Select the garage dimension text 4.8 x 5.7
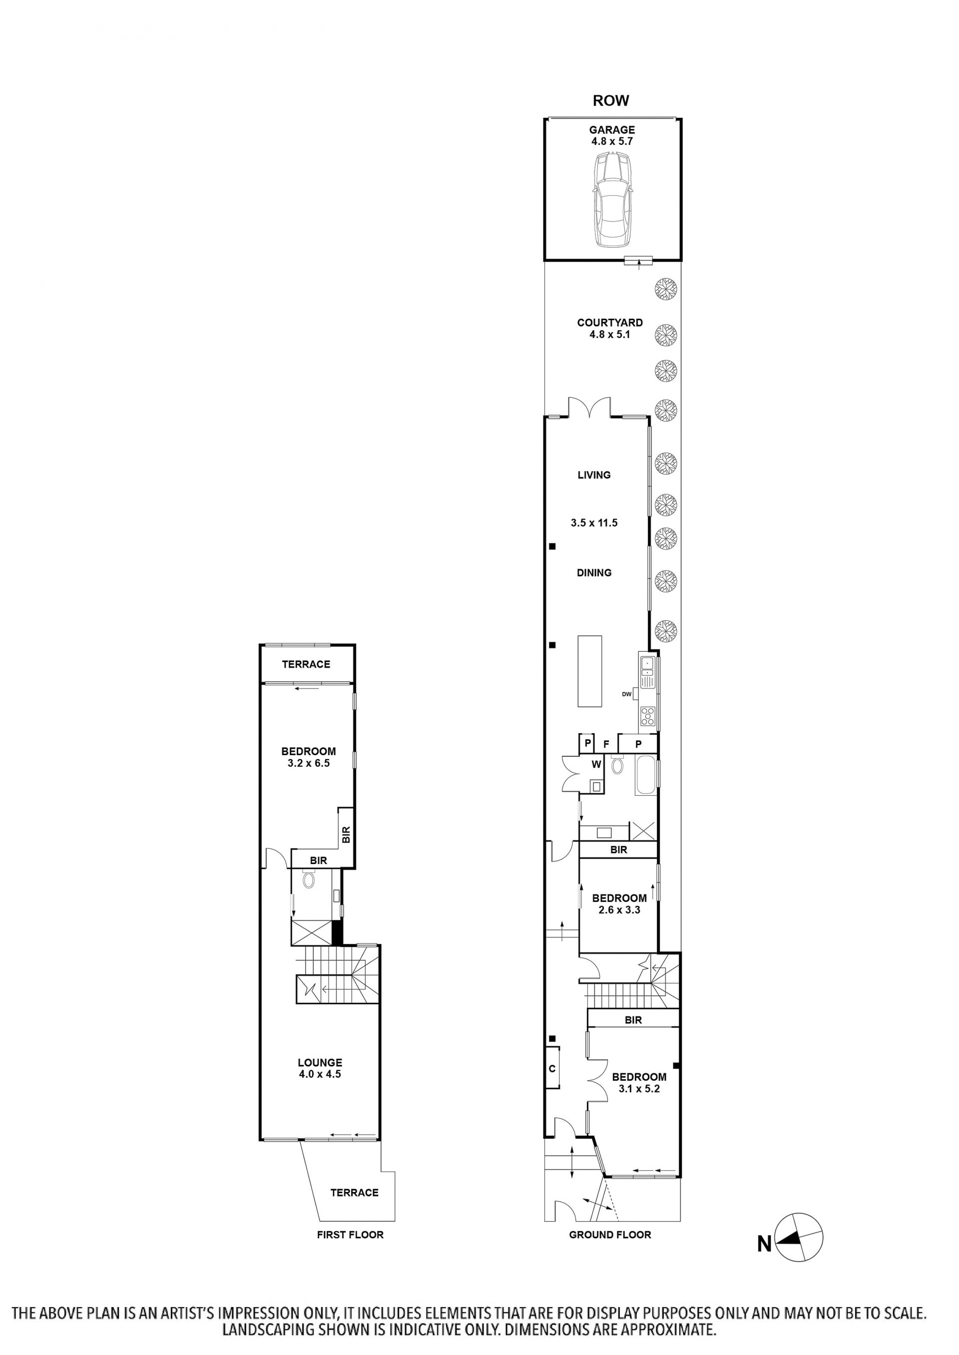coord(612,142)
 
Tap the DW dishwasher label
coord(626,694)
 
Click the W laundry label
coord(596,765)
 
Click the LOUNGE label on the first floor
coord(320,1063)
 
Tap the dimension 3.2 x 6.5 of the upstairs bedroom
coord(308,763)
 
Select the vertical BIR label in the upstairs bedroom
coord(346,834)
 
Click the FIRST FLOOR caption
coord(350,1235)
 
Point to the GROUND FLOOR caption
coord(610,1235)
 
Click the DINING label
coord(594,573)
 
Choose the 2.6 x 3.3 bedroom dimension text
coord(619,910)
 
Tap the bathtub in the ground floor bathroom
coord(645,775)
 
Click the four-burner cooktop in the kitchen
coord(648,716)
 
